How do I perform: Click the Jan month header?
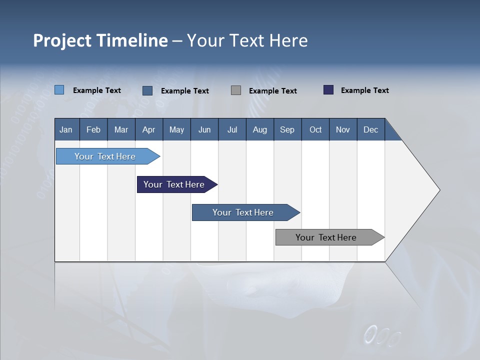(x=66, y=129)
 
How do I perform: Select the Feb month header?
(x=93, y=129)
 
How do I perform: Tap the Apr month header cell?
(x=149, y=129)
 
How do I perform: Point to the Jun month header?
(x=204, y=129)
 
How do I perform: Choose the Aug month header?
(x=260, y=129)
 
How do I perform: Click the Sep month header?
(x=287, y=129)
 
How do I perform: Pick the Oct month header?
(x=315, y=129)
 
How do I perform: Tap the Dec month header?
(x=371, y=129)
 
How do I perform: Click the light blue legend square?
(x=59, y=90)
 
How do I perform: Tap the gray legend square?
(x=236, y=90)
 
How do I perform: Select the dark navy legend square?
(x=328, y=90)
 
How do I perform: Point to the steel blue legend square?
(x=147, y=90)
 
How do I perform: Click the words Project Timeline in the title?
(x=100, y=40)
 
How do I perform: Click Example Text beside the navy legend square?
(x=365, y=90)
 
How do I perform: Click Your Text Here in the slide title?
(x=247, y=40)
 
